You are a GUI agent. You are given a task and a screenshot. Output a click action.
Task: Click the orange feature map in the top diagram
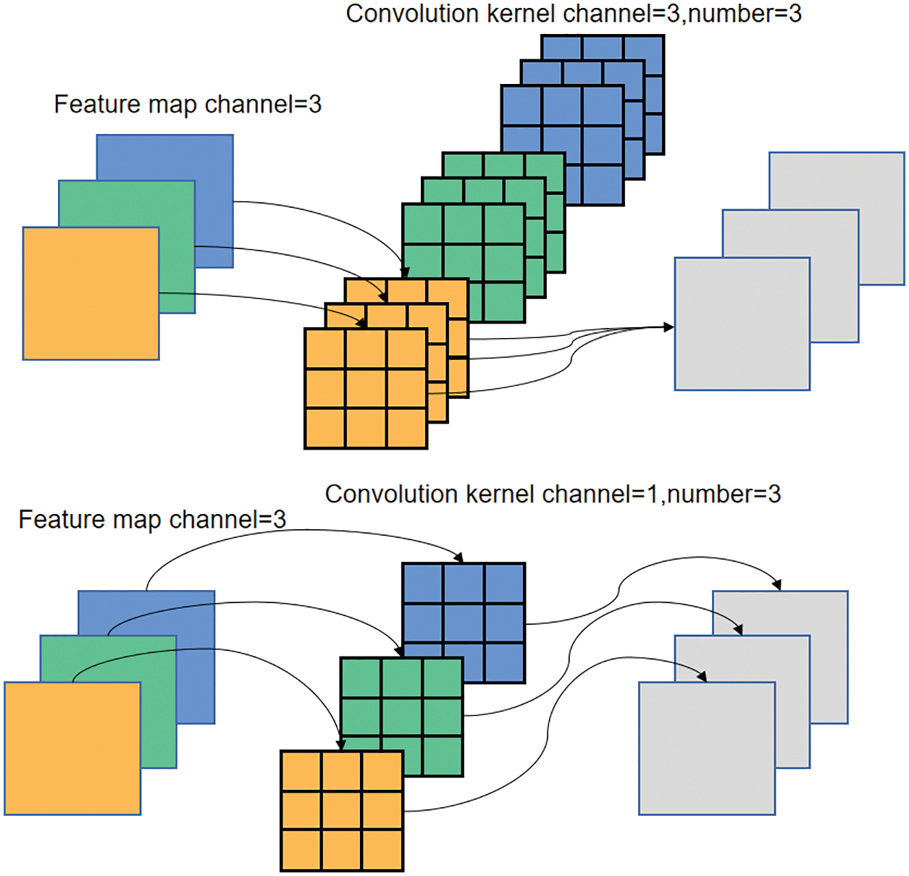click(x=91, y=293)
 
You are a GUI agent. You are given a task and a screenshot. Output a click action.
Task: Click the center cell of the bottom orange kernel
click(x=342, y=811)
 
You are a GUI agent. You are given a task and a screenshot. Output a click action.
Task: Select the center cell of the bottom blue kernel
click(x=464, y=623)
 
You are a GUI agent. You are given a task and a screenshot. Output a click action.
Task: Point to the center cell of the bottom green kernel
click(x=402, y=717)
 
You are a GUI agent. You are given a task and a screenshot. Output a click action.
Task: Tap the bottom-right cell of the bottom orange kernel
click(x=382, y=850)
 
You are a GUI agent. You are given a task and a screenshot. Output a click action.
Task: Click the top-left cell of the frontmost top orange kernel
click(x=324, y=349)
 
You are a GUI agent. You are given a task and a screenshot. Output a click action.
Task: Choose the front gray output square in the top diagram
click(x=742, y=324)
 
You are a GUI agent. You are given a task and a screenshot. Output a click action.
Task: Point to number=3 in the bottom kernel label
click(x=724, y=494)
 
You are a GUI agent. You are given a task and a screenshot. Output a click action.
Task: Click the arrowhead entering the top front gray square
click(x=669, y=327)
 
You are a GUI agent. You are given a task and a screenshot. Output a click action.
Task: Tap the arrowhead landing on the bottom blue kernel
click(x=458, y=557)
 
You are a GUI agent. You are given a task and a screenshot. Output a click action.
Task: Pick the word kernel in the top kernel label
click(x=515, y=14)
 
